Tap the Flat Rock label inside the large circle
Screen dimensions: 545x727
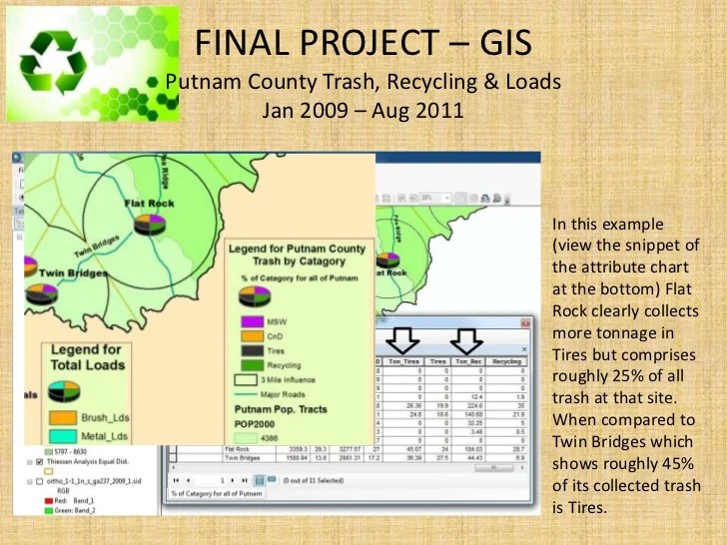pyautogui.click(x=149, y=204)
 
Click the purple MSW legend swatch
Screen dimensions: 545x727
pyautogui.click(x=250, y=322)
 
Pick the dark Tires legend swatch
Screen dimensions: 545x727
pyautogui.click(x=250, y=351)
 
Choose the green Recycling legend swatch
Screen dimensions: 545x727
pyautogui.click(x=250, y=365)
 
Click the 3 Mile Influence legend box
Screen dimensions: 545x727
pyautogui.click(x=247, y=379)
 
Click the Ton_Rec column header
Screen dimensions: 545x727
pyautogui.click(x=467, y=361)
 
